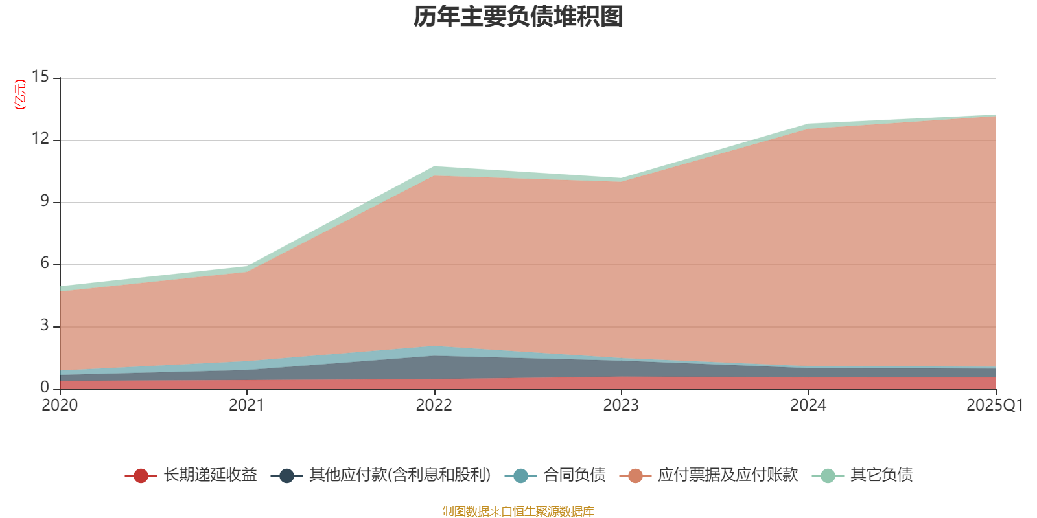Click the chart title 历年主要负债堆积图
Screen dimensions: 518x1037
pos(518,17)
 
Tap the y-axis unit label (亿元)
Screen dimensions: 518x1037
pos(21,95)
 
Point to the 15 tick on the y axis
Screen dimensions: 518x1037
pos(40,77)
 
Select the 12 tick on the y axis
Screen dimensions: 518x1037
pos(40,139)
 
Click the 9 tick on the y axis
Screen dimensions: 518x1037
pos(44,201)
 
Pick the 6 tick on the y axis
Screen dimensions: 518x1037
pos(44,264)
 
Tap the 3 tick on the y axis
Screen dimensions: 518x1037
pos(44,326)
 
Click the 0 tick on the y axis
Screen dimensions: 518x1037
pos(44,388)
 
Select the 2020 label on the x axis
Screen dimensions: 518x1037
pos(60,405)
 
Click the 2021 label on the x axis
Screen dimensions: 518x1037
pos(246,405)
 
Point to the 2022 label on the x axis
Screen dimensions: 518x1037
pos(434,405)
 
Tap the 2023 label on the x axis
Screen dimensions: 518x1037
pos(621,405)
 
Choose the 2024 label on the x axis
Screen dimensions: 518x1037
pos(808,405)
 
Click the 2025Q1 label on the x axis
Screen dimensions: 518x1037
pos(994,405)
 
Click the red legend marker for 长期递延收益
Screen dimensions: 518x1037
pos(141,476)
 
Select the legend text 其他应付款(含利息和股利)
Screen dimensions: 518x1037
pos(399,475)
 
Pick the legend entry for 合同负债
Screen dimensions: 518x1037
pos(574,475)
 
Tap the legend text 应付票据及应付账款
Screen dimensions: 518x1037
pos(727,475)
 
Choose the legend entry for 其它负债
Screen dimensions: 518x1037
pos(881,475)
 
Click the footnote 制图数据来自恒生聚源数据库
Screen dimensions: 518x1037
pos(518,512)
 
